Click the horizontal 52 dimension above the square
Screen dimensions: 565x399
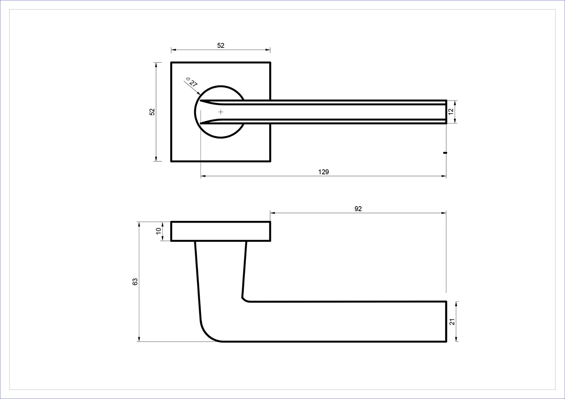pos(221,45)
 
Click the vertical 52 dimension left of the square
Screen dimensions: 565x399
pos(152,111)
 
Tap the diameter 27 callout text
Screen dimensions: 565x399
pos(192,82)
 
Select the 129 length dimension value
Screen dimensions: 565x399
pos(324,172)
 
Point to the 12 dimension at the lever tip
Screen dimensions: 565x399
pos(451,111)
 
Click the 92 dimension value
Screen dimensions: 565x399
pos(358,209)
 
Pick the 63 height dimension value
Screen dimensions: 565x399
pos(135,282)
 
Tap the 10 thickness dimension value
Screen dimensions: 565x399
pos(159,231)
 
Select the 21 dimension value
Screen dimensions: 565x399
pos(452,322)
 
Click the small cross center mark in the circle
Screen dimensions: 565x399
pos(221,112)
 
